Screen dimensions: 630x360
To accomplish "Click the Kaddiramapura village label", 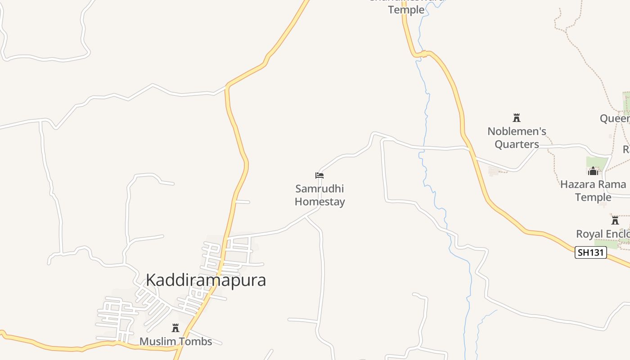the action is (206, 280).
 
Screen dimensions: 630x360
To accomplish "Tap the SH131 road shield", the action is (590, 252).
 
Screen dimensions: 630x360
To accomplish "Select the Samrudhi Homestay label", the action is (319, 195).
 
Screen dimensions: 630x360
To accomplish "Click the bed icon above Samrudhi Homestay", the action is (319, 175).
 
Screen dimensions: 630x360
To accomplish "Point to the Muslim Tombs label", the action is (175, 342).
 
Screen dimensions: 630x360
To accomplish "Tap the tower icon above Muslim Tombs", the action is (175, 328).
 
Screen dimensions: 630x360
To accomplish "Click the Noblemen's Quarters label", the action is (517, 138).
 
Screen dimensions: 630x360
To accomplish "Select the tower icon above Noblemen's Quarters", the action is (517, 118).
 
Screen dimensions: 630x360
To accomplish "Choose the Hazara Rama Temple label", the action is (593, 191).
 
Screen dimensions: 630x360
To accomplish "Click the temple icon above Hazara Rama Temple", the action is (593, 171).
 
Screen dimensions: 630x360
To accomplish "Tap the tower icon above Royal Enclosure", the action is (615, 220).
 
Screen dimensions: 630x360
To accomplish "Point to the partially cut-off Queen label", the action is (615, 118).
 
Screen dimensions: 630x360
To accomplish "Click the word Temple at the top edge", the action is (406, 9).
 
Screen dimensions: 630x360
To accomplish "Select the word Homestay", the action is (319, 202).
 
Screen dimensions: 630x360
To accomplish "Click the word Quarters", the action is (517, 144).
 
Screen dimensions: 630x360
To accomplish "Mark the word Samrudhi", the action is (319, 189).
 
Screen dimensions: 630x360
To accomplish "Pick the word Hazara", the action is (579, 184).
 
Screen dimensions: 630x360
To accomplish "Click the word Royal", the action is (589, 234).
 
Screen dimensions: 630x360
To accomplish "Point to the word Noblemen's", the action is (517, 131).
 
